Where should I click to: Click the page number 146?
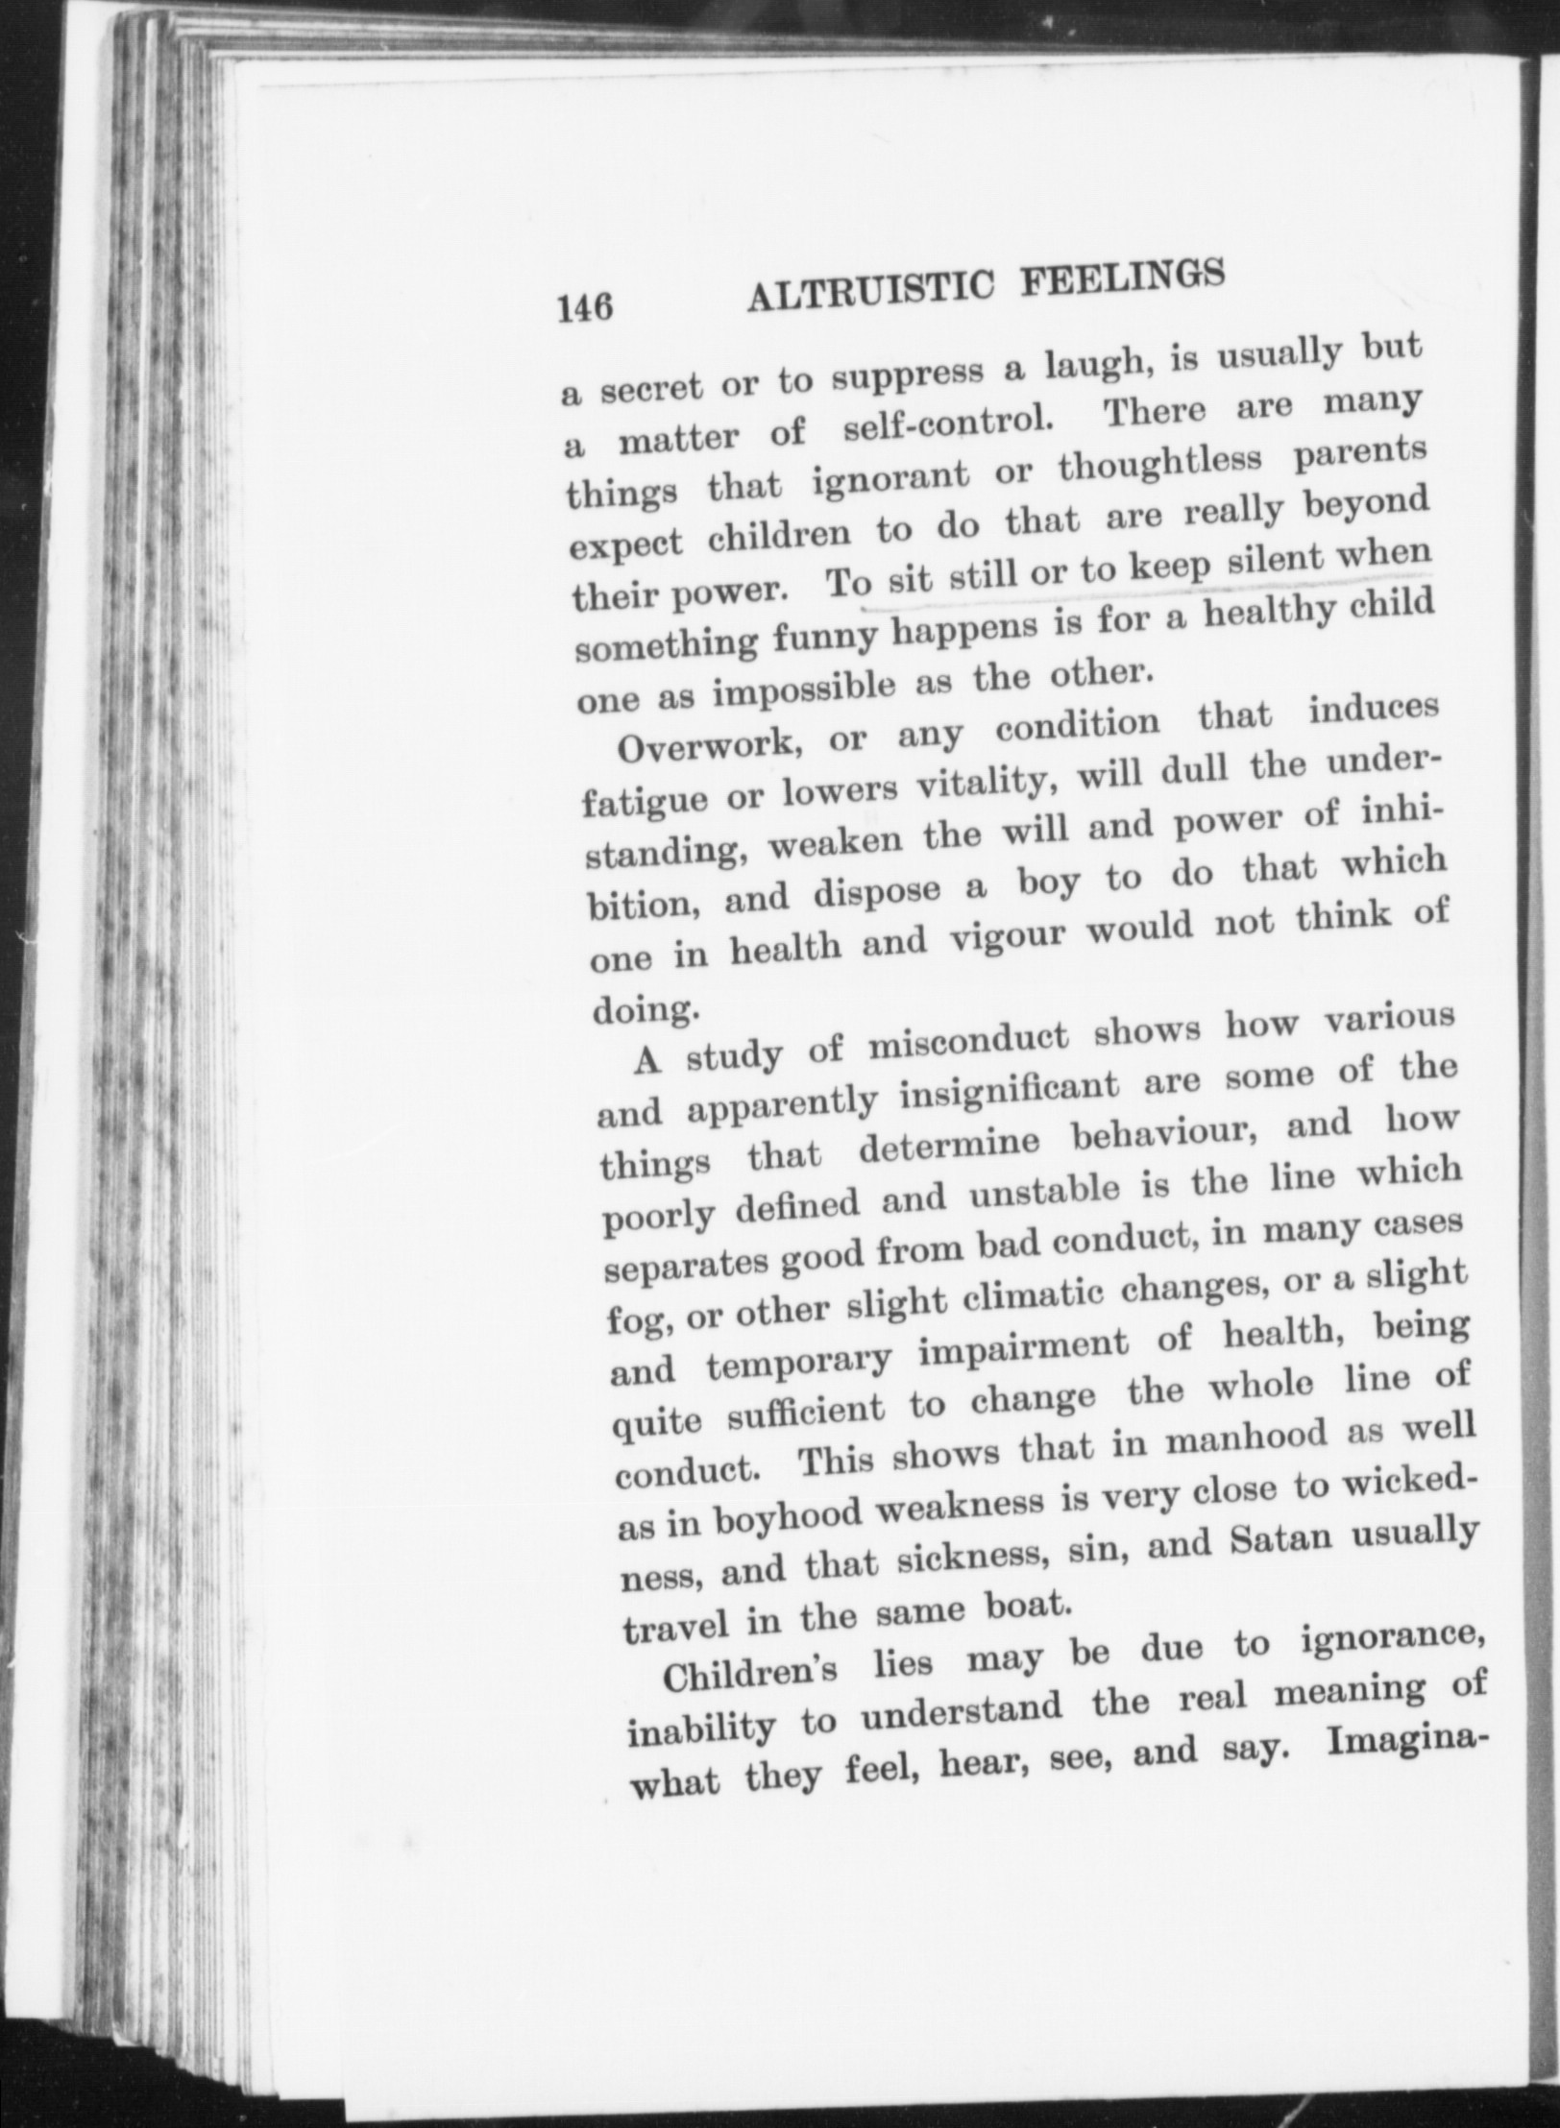click(583, 309)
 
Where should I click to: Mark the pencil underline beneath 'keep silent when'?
click(1153, 588)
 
